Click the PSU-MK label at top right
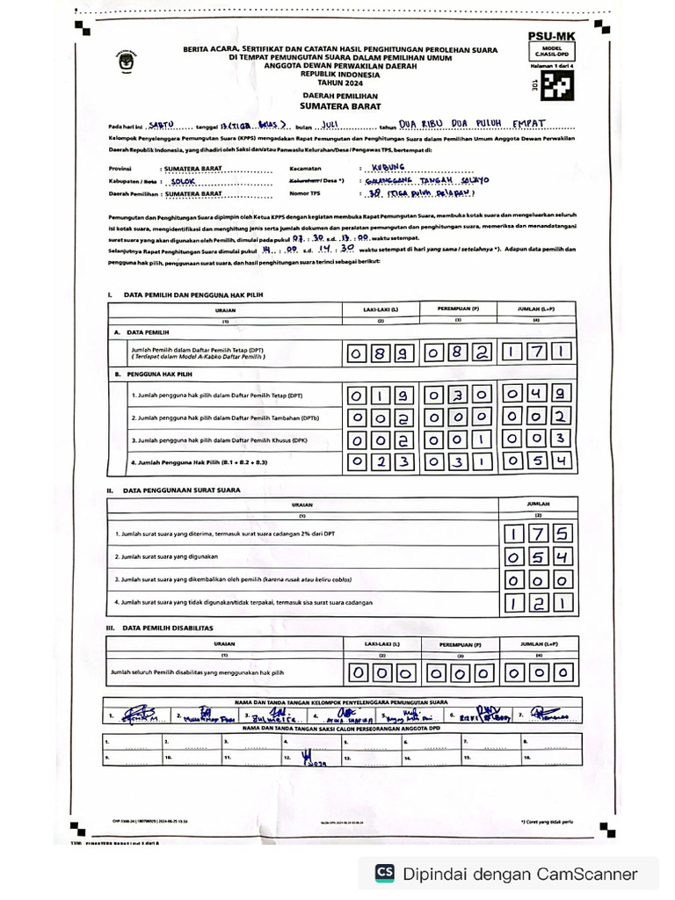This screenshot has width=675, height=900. (x=551, y=36)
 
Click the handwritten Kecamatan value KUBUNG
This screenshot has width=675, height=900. (x=388, y=167)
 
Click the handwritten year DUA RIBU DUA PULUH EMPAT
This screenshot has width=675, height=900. (x=472, y=124)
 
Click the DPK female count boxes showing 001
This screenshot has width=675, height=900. (x=458, y=439)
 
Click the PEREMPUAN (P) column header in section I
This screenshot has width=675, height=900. (x=459, y=308)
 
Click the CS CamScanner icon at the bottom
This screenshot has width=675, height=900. (x=384, y=873)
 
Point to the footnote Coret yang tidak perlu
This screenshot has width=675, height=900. (x=547, y=822)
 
